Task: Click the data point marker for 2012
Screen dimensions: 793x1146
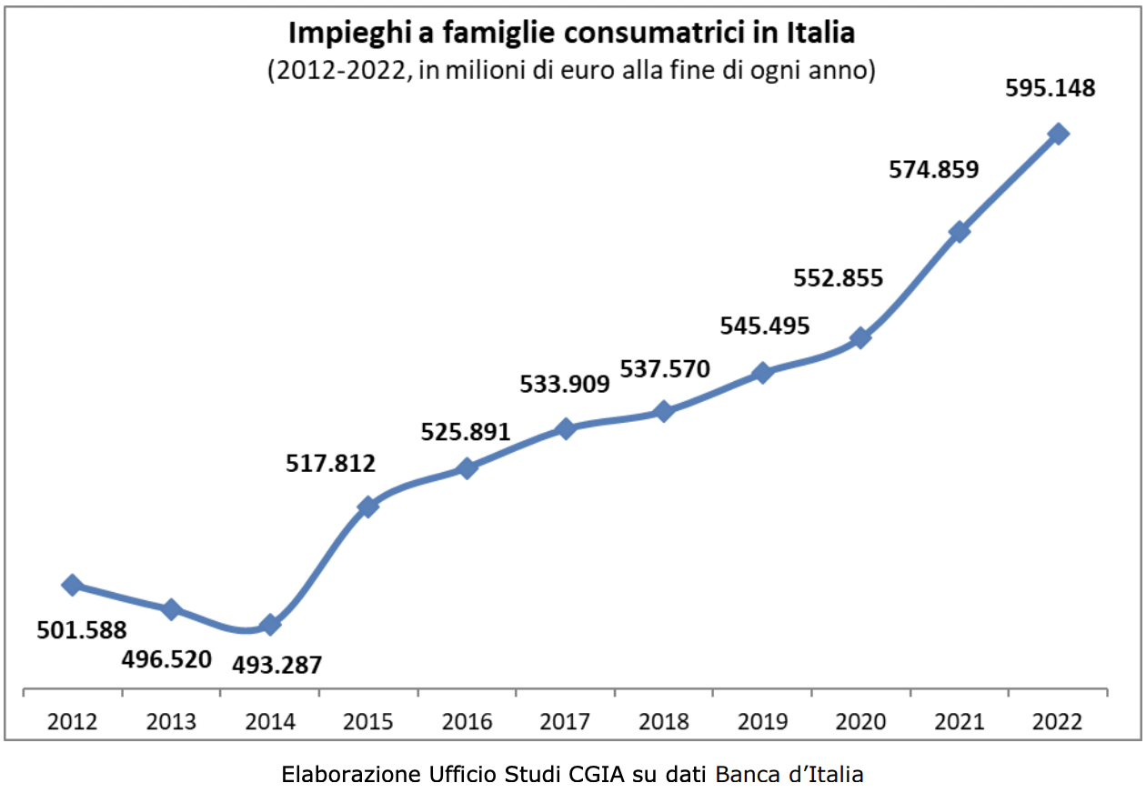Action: click(x=72, y=585)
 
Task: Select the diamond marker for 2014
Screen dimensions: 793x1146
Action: click(x=269, y=625)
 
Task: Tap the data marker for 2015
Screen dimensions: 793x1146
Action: click(x=367, y=507)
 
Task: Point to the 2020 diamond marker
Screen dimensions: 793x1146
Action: click(x=859, y=338)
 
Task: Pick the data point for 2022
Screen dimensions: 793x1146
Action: click(x=1058, y=134)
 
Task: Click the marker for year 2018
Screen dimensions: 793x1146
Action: click(x=663, y=411)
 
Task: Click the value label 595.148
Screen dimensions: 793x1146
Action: click(x=1050, y=89)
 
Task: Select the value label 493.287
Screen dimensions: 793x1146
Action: click(x=276, y=665)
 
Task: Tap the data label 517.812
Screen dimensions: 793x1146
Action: click(x=330, y=464)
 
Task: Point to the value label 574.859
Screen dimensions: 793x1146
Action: click(x=934, y=168)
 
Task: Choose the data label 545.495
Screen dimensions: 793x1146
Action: click(x=764, y=326)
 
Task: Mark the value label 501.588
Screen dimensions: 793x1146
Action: click(x=82, y=629)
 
